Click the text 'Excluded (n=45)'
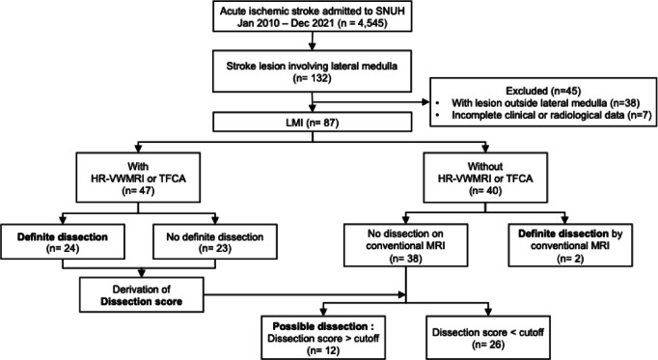coord(543,91)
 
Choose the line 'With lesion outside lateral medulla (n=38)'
coord(545,103)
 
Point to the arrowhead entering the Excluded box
coord(425,102)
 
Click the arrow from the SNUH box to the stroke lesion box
coord(312,42)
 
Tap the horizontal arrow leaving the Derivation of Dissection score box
coord(305,295)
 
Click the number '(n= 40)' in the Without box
coord(485,190)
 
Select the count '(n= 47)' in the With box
coord(138,190)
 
